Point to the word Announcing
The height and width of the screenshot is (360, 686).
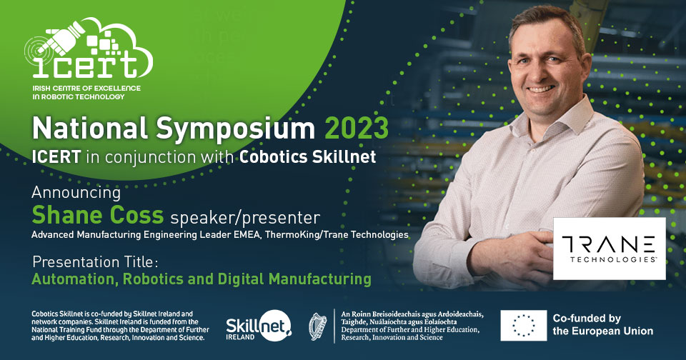pyautogui.click(x=76, y=193)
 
